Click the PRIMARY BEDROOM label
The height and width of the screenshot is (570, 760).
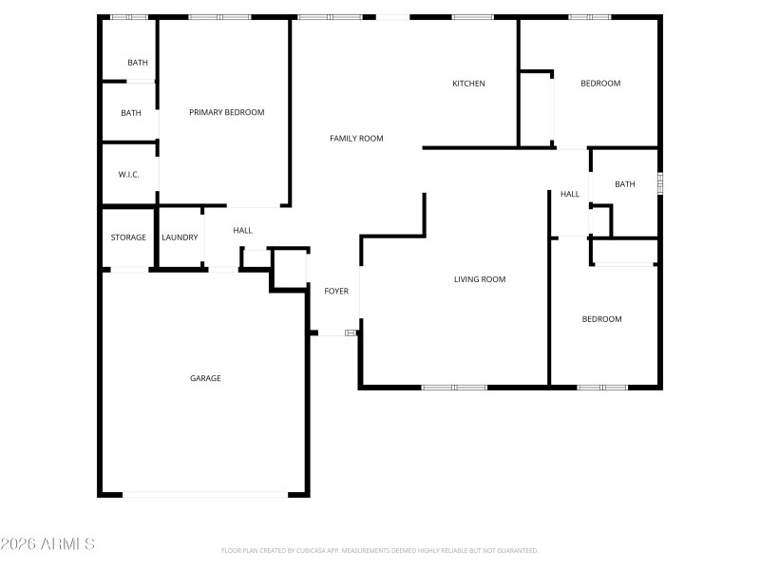tap(226, 112)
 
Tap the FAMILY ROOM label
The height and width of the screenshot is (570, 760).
tap(356, 139)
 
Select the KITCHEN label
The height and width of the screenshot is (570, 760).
tap(468, 84)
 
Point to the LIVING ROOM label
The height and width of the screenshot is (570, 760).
tap(480, 279)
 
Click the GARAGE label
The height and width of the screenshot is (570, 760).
tap(205, 378)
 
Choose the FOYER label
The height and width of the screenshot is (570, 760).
tap(336, 291)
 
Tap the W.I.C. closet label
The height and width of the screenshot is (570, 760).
tap(130, 175)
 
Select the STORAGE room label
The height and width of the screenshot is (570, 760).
tap(128, 237)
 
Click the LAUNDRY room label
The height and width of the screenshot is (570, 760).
tap(180, 237)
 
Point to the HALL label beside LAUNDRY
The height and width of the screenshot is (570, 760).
tap(243, 230)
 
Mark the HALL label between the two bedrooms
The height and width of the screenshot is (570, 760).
tap(570, 194)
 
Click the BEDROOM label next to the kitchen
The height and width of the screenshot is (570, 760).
tap(600, 84)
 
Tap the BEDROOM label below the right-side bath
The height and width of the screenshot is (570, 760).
tap(601, 319)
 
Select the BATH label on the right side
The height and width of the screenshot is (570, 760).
tap(625, 184)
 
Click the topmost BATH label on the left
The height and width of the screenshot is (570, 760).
tap(138, 63)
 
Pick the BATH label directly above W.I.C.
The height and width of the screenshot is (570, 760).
tap(131, 113)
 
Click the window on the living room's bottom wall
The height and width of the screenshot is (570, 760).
tap(454, 387)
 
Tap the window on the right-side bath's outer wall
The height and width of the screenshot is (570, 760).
tap(660, 182)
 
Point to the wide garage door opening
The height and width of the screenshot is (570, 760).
tap(205, 494)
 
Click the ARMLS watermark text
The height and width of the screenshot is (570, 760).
tap(47, 544)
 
